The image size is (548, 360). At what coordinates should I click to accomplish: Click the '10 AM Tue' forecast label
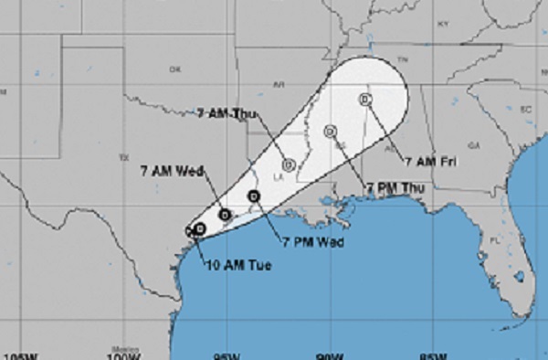tap(228, 266)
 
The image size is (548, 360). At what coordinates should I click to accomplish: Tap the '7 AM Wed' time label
tap(171, 170)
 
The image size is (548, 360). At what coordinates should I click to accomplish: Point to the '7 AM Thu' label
tap(226, 114)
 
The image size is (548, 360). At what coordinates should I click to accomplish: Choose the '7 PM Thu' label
tap(395, 187)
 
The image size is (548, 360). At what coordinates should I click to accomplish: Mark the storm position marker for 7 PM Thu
tap(329, 132)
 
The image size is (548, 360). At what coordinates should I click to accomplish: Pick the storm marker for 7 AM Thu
tap(288, 164)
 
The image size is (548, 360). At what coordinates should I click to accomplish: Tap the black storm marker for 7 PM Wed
tap(255, 196)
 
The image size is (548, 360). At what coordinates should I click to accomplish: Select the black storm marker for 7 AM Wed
tap(226, 215)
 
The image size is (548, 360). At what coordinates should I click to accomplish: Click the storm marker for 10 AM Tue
tap(198, 229)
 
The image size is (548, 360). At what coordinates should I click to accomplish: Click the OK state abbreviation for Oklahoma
tap(176, 69)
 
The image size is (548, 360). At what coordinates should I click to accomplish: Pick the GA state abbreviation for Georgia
tap(473, 145)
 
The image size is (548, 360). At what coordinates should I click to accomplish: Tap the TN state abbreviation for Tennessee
tap(403, 58)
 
